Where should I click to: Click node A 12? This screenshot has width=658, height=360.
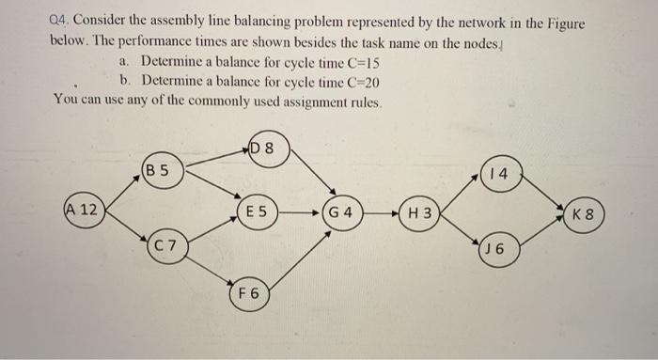[84, 209]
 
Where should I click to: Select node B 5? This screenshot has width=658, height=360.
[158, 171]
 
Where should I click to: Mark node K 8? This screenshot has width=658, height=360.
[583, 211]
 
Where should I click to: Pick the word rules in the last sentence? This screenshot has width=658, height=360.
[358, 100]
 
